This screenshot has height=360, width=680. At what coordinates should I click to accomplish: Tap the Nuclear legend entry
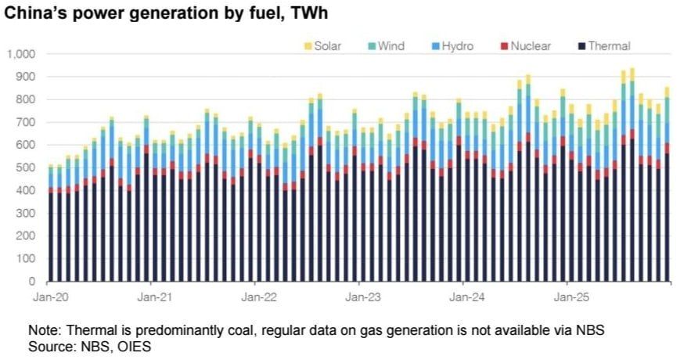530,46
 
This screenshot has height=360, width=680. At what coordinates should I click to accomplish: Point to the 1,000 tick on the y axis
22,54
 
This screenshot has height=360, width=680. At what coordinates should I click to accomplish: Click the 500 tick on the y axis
26,167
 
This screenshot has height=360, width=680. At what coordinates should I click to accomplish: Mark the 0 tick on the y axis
32,281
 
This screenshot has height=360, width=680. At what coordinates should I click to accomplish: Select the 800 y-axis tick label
26,99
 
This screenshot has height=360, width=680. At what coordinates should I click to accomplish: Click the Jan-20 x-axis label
49,297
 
